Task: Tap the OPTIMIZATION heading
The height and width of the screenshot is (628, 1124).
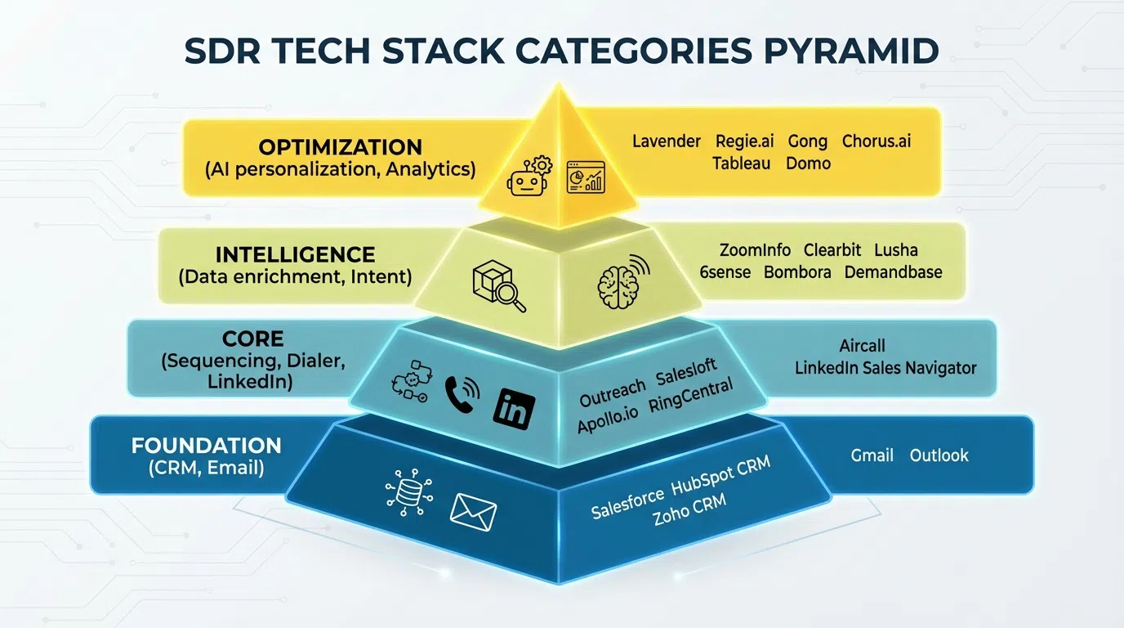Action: click(340, 147)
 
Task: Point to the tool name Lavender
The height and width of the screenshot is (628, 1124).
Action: click(666, 141)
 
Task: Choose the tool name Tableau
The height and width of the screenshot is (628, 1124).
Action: click(741, 164)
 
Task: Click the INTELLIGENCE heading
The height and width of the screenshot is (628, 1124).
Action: click(295, 254)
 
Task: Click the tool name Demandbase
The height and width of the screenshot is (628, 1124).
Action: click(893, 272)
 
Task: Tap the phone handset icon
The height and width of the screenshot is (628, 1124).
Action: click(460, 395)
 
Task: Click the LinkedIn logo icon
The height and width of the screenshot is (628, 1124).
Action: click(515, 406)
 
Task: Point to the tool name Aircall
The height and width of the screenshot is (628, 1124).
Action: click(862, 346)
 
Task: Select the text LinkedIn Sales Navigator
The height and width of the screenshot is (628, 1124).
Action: click(885, 368)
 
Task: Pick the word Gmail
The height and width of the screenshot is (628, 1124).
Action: click(872, 455)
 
